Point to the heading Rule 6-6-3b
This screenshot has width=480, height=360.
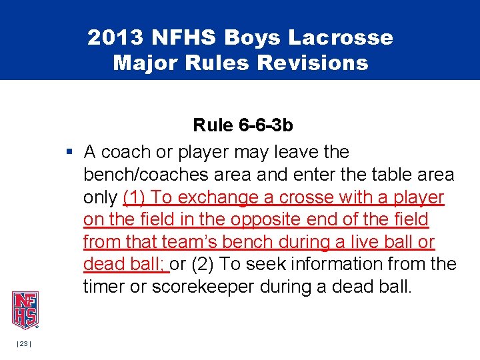[243, 125]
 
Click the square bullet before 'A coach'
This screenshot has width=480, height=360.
[69, 152]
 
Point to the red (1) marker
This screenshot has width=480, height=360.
[134, 197]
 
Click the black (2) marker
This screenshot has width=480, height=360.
[202, 265]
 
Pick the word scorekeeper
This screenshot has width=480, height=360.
[212, 287]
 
